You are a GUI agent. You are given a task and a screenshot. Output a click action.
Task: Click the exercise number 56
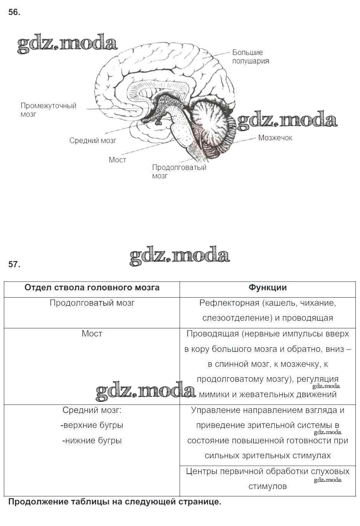coord(14,12)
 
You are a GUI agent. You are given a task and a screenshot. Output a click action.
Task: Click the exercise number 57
coord(14,265)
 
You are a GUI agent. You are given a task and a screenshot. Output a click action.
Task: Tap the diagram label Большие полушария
coord(250,57)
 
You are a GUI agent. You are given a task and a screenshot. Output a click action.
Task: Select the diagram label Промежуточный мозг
coord(48,110)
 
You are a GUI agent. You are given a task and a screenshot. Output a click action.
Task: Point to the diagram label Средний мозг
coord(93,141)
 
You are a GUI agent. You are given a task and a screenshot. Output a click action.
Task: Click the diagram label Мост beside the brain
coord(117,160)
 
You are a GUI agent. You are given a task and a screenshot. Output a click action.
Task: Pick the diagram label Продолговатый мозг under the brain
coord(179,171)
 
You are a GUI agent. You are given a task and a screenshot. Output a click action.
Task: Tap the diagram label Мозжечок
coord(275,138)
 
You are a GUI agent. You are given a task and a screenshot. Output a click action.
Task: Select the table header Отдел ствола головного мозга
coord(92,288)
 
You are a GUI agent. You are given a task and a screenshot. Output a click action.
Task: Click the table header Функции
coord(267,288)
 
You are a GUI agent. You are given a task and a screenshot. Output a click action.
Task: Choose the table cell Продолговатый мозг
coord(92,303)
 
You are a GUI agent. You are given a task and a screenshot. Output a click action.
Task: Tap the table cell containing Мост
coord(92,334)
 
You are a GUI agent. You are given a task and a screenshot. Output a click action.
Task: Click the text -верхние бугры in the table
coord(92,425)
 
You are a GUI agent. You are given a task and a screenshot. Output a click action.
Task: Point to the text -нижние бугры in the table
coord(92,441)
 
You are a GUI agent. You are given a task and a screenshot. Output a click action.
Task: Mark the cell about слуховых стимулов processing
coord(267,479)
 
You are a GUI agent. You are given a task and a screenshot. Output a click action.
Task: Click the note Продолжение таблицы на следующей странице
coord(115,502)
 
